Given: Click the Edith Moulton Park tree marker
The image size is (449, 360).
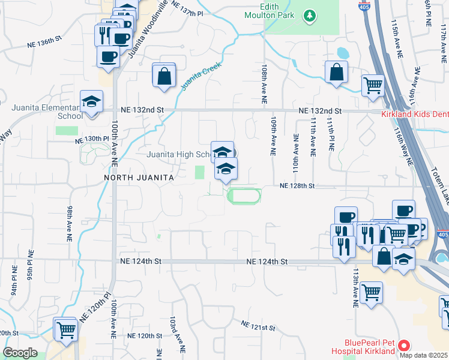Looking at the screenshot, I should pos(310,14).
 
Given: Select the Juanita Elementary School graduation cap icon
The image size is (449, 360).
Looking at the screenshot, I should pos(92,101).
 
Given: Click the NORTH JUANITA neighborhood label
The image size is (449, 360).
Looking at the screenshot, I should pos(139,178).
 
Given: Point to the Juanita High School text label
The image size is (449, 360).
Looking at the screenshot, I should pos(178,154).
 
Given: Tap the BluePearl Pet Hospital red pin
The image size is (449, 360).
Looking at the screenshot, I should pos(404,346).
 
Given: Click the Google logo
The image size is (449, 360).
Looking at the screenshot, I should pos(20,353).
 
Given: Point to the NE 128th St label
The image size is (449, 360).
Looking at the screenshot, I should pos(297,186).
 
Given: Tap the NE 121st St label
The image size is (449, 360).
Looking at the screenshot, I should pos(258,326).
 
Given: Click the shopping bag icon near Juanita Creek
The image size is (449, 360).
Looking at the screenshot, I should pos(164,76).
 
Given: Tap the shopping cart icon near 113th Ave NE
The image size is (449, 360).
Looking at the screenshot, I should pos(372,293).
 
